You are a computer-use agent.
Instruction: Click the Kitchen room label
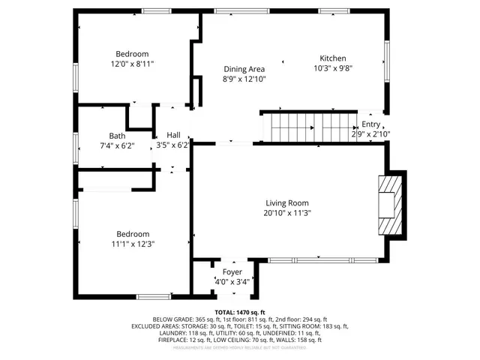coord(333,58)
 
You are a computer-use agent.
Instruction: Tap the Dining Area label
coord(244,69)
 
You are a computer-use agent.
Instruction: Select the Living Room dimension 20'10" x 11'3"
coord(287,213)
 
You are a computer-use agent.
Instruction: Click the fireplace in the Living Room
coord(391,205)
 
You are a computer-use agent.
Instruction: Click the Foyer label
coord(232,271)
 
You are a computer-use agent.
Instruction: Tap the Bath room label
coord(116,136)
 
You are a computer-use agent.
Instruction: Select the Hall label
coord(173,135)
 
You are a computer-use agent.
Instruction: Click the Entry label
coord(370,124)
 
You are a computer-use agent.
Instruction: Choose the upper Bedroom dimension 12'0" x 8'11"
coord(132,64)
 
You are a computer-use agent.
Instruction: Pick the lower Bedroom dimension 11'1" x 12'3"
coord(132,244)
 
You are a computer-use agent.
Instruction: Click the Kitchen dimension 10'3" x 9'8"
coord(333,68)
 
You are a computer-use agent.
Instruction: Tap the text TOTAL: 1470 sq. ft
coord(239,311)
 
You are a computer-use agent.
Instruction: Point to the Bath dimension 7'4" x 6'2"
coord(117,145)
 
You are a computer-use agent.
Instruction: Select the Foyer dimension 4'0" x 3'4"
coord(232,282)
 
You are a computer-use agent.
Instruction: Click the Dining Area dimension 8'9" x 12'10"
coord(244,79)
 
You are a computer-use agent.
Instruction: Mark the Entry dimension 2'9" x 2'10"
coord(370,134)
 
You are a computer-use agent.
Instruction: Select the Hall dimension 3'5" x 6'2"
coord(172,145)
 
